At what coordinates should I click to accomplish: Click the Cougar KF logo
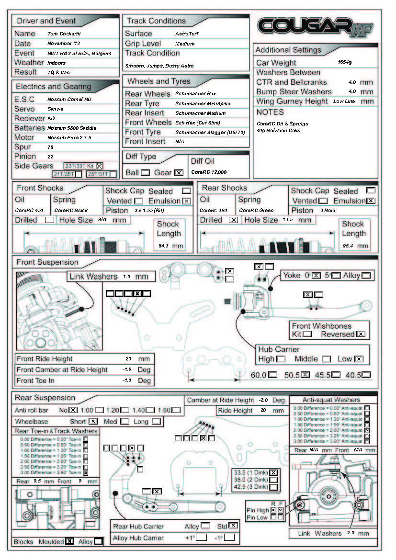point(315,27)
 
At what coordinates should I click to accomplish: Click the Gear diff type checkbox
point(179,172)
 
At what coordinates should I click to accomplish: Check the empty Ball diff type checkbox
point(145,172)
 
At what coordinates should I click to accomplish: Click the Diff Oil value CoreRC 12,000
point(209,172)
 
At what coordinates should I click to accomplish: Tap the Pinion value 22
point(50,157)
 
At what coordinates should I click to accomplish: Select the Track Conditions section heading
point(156,21)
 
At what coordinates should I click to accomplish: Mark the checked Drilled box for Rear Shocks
point(233,220)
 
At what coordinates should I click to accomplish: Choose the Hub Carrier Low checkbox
point(358,359)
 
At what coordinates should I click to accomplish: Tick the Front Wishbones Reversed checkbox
point(361,334)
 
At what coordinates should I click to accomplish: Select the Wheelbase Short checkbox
point(93,421)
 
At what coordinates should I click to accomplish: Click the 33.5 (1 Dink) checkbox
point(273,471)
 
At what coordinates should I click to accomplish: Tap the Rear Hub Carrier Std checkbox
point(233,526)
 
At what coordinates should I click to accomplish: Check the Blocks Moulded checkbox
point(69,541)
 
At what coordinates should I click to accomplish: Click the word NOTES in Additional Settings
point(270,112)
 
